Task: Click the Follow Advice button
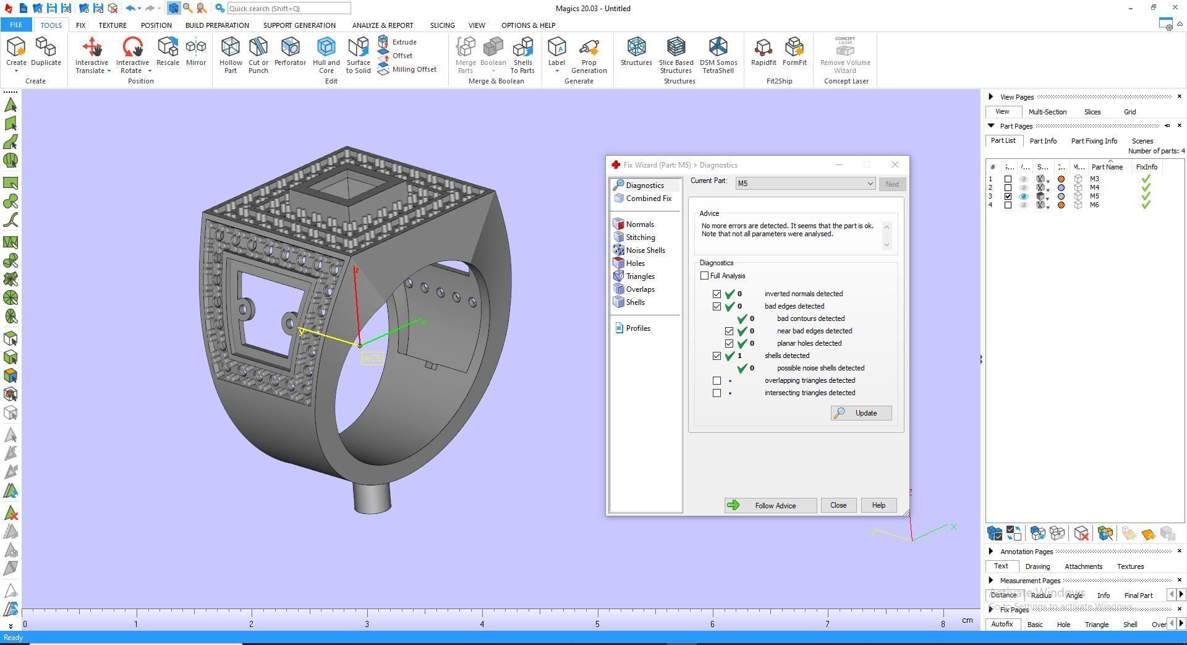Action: click(770, 505)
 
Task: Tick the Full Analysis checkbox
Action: click(704, 276)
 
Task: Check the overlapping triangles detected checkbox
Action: click(717, 380)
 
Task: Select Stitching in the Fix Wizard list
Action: click(640, 237)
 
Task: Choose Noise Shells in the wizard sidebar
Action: click(645, 250)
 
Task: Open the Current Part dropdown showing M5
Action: click(805, 184)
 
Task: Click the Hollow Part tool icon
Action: click(231, 54)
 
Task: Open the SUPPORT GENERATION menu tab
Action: click(299, 25)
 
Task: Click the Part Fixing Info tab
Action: click(1094, 141)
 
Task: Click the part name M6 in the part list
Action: click(1094, 205)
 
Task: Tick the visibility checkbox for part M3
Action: click(1008, 179)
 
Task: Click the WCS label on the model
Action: click(372, 358)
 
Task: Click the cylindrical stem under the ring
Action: click(372, 498)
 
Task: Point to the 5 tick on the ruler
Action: click(597, 624)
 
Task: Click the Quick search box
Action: click(289, 9)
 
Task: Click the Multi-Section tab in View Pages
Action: click(1047, 112)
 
